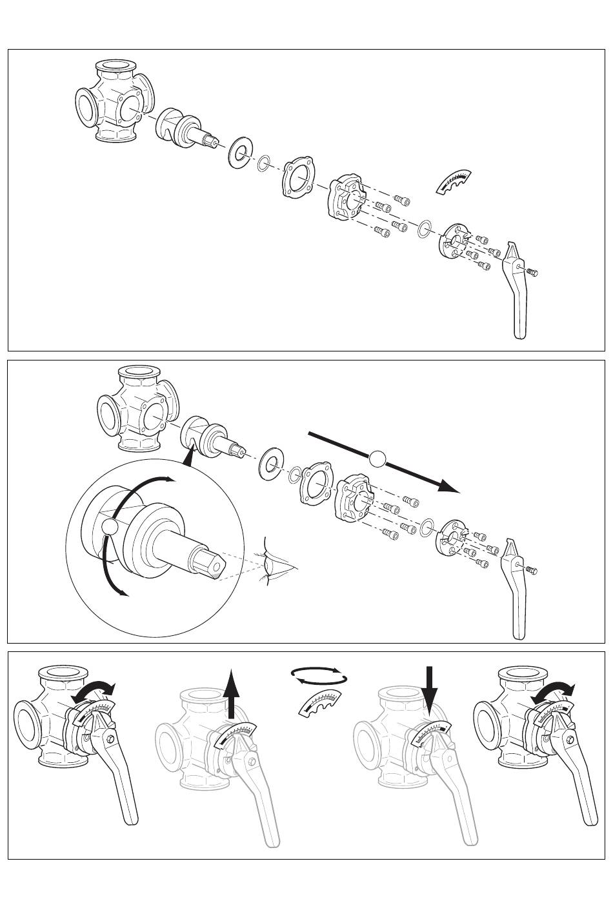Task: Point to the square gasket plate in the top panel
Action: pos(297,177)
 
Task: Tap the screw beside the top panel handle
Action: pos(532,271)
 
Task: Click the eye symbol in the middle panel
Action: pos(274,564)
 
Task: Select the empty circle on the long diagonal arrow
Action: pos(377,459)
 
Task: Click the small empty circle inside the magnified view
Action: pos(110,528)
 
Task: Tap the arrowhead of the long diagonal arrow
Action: pos(448,486)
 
